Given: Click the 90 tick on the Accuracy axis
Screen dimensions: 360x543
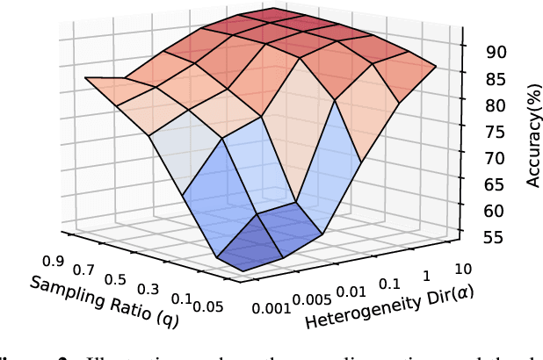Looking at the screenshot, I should coord(496,51).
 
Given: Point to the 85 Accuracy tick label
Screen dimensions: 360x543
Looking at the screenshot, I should coord(496,78).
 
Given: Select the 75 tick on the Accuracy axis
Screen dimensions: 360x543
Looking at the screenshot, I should coord(496,132).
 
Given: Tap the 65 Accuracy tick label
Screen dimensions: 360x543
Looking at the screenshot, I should coord(496,184).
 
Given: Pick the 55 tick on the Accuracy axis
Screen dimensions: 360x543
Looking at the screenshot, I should coord(496,237).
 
